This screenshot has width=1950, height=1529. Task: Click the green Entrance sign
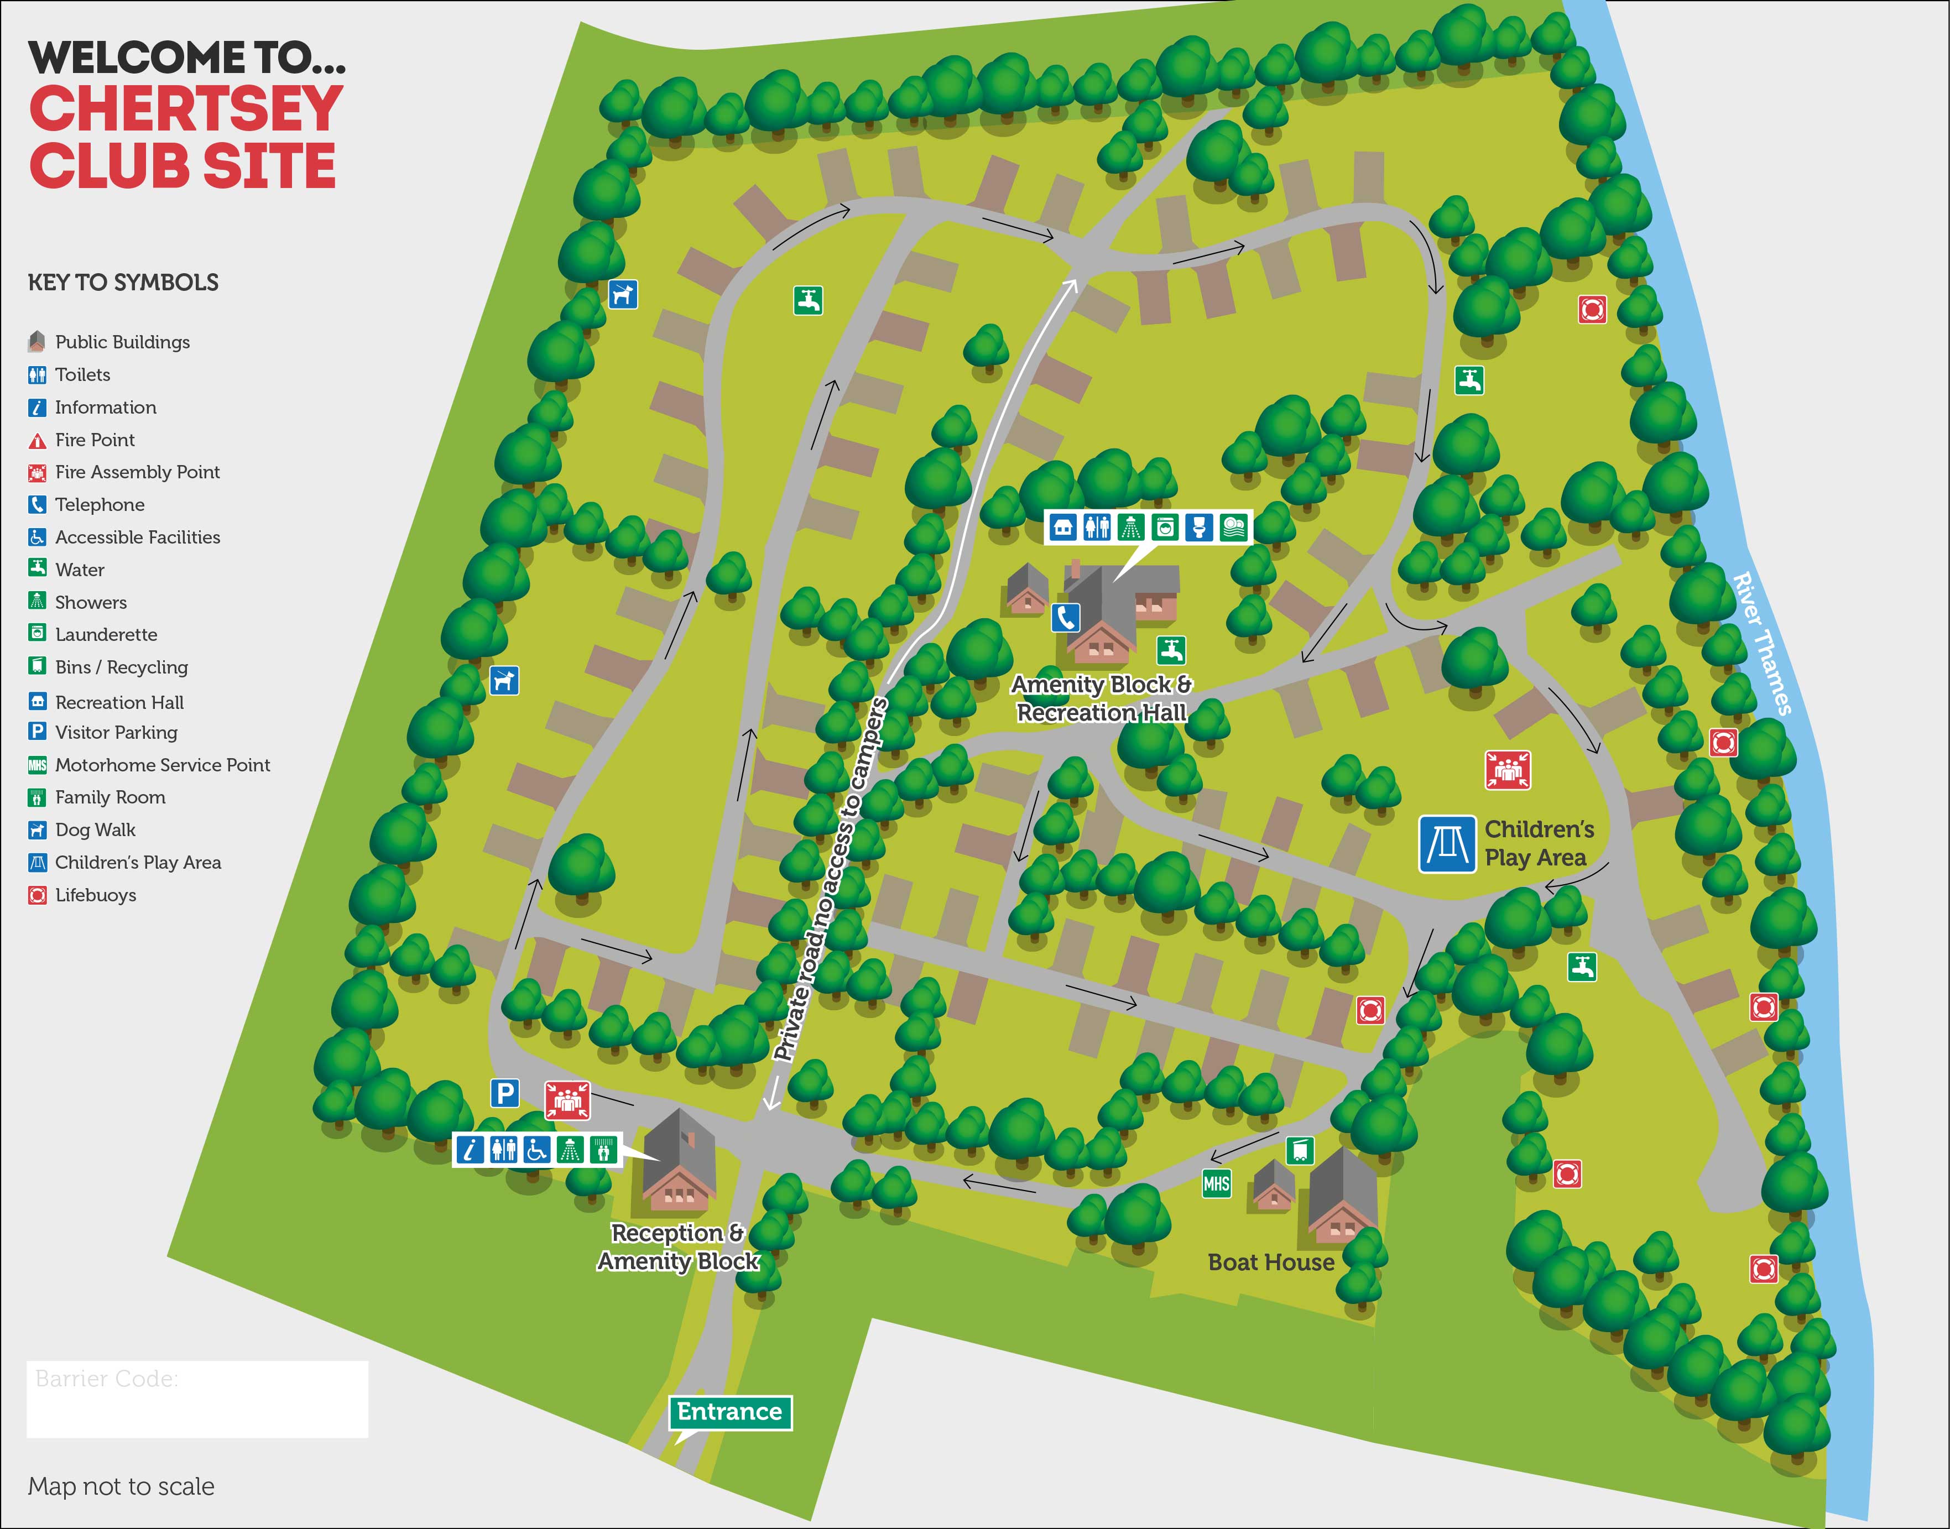coord(729,1412)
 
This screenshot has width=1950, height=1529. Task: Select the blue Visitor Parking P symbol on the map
coord(505,1093)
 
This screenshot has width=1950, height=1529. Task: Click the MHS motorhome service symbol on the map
coord(1216,1183)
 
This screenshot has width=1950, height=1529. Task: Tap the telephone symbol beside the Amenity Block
coord(1065,617)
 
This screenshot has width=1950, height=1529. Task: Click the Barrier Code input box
coord(197,1399)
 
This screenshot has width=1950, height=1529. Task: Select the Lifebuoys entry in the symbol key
coord(95,895)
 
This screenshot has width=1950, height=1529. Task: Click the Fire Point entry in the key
coord(94,440)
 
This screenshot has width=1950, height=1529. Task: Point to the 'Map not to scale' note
coord(121,1486)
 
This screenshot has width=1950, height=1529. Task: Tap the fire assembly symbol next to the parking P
coord(567,1099)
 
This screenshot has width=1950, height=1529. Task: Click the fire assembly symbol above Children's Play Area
coord(1508,770)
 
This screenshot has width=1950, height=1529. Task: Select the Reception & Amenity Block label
coord(678,1247)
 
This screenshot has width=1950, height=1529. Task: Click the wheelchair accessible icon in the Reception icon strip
coord(536,1150)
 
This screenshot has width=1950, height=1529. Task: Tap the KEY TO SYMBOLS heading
coord(123,283)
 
